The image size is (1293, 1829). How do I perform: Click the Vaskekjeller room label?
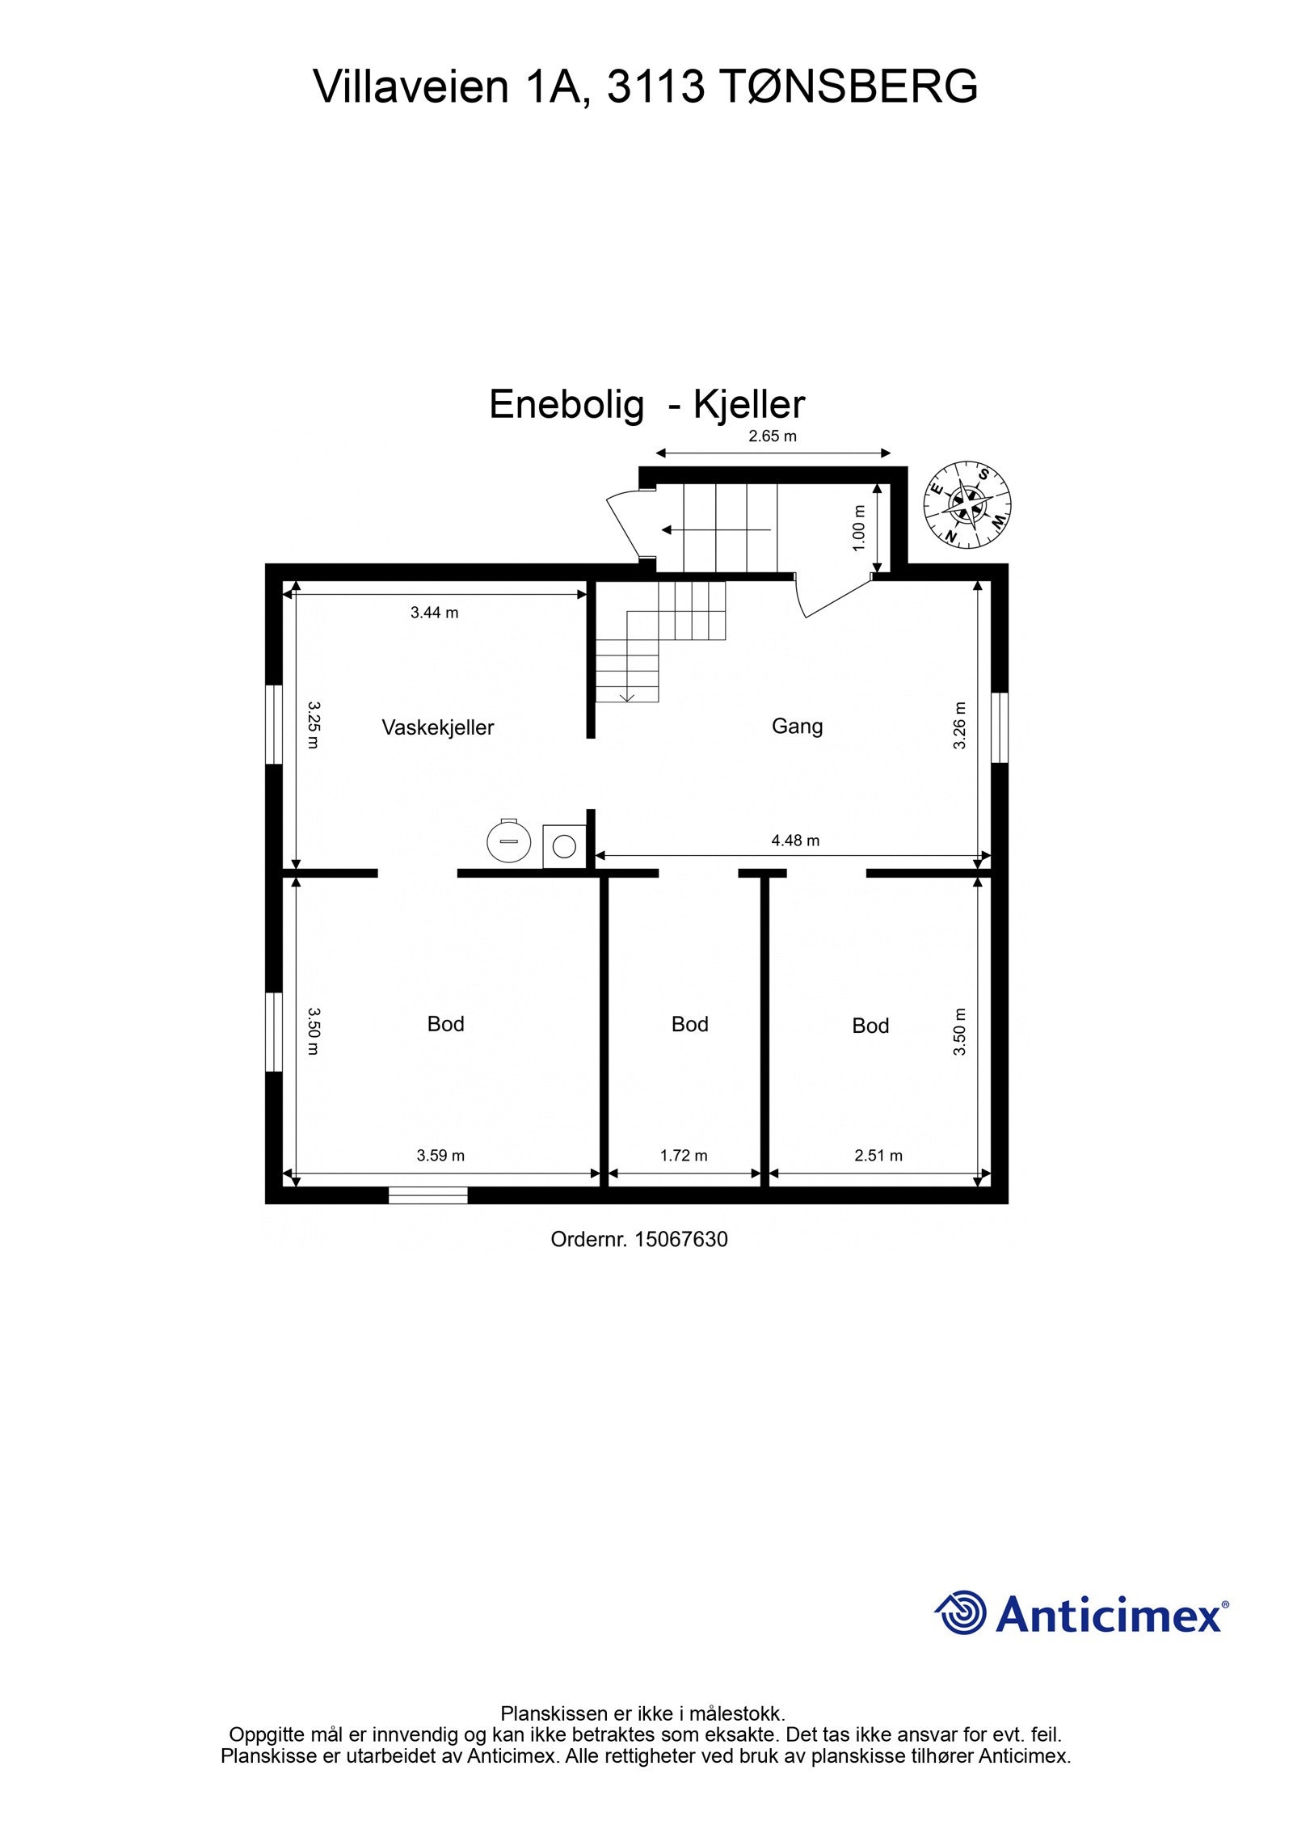coord(437,727)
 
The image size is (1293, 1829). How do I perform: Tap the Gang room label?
coord(797,726)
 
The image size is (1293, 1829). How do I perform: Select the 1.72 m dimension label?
coord(684,1155)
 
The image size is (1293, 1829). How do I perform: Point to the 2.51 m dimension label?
coord(878,1155)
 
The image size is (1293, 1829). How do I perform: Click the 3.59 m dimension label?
coord(440,1155)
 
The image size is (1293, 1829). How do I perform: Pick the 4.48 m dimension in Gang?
coord(795,841)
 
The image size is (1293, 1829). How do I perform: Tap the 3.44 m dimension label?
coord(434,613)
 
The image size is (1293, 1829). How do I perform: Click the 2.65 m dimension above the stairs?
coord(773,436)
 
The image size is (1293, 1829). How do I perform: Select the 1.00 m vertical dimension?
coord(859,529)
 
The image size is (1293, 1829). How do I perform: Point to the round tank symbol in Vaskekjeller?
coord(508,841)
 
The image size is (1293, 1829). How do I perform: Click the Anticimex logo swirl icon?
coord(962,1613)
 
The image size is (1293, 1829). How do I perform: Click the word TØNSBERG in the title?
coord(847,86)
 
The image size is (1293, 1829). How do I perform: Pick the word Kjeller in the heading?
coord(749,404)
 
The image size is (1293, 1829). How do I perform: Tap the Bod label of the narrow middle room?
coord(689,1024)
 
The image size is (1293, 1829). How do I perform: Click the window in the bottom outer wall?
coord(427,1195)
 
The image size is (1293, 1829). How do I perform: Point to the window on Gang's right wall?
coord(1000,727)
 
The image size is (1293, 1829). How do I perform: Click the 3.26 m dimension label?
coord(959,726)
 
